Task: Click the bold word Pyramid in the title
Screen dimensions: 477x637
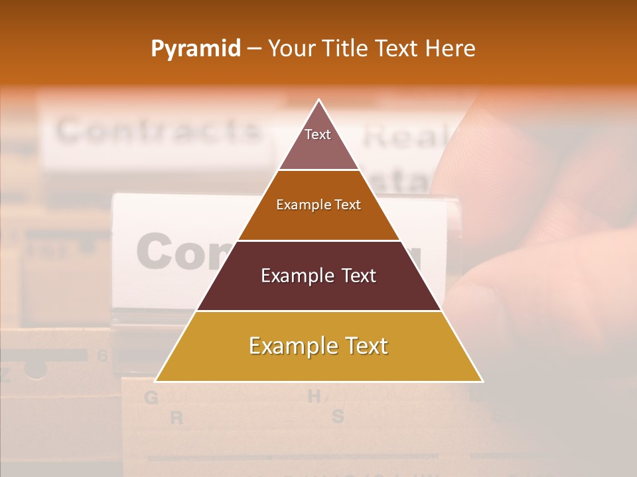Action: (x=196, y=49)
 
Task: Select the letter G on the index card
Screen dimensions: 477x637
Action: (x=151, y=398)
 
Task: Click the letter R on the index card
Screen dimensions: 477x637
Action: (x=177, y=419)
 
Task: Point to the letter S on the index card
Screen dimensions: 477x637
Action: (x=338, y=417)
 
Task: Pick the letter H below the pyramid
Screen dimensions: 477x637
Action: (x=314, y=397)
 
